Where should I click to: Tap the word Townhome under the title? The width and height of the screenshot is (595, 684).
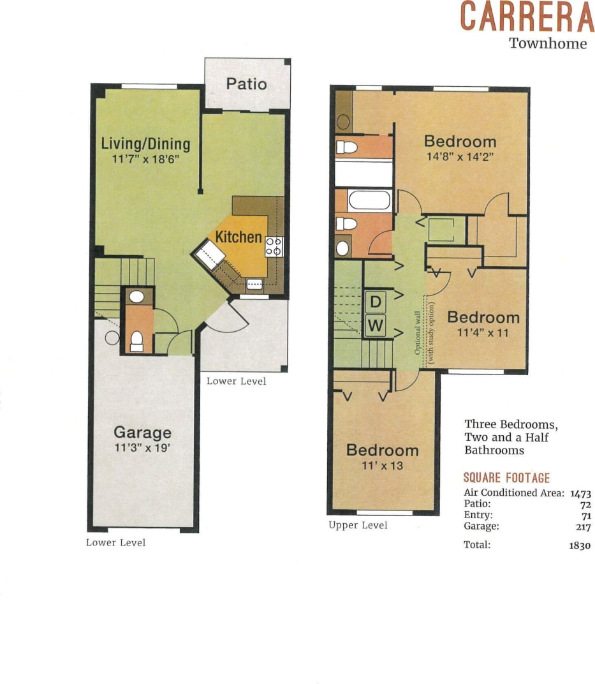coord(548,44)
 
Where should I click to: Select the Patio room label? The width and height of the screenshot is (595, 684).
coord(246,84)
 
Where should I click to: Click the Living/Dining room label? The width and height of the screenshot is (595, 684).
coord(145,144)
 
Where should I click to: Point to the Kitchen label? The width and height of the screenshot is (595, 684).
coord(239,237)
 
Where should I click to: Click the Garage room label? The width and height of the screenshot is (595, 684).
coord(142,432)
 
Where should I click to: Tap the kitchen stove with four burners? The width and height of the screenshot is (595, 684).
coord(274,246)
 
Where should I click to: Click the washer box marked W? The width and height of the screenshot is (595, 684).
coord(376,327)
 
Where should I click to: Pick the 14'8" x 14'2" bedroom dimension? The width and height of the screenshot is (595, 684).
coord(460,157)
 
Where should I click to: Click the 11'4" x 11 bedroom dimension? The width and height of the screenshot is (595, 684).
coord(483,332)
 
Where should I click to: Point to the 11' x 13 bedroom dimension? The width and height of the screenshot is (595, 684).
coord(382,466)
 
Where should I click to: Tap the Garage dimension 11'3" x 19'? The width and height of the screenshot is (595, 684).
coord(142,448)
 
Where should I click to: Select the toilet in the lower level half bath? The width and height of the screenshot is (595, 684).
coord(136,342)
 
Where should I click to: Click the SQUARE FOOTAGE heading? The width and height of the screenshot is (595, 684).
coord(506,478)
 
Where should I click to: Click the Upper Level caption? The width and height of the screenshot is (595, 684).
coord(358,525)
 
